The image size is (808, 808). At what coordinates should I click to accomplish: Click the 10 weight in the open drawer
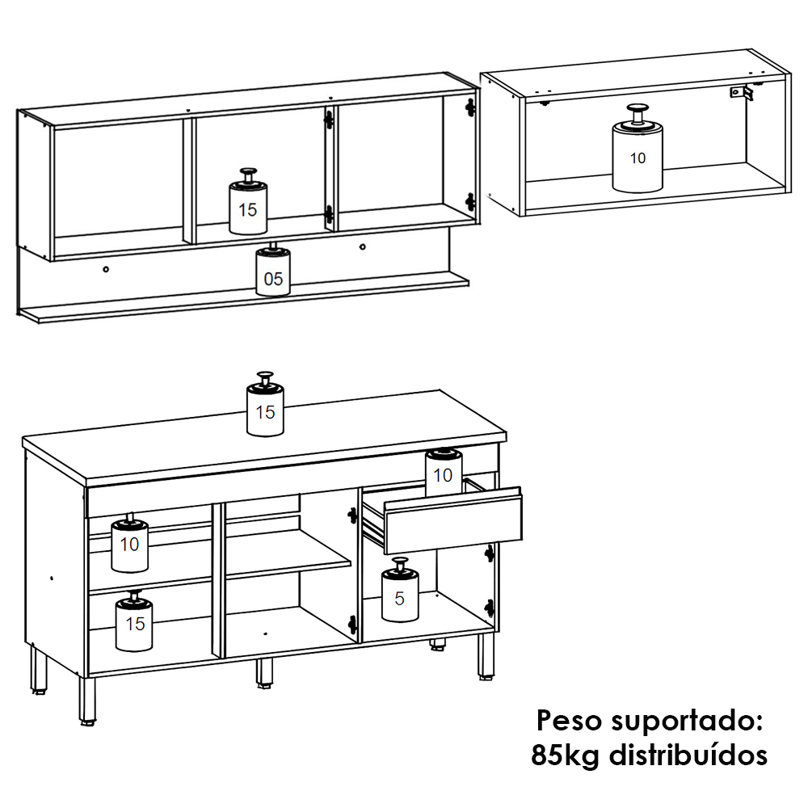[x=443, y=472]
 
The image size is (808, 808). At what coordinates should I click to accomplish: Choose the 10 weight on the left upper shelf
[x=130, y=543]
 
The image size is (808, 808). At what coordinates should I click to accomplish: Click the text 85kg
[x=566, y=755]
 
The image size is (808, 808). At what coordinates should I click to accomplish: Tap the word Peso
[x=569, y=720]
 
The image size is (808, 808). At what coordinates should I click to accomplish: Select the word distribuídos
[x=688, y=755]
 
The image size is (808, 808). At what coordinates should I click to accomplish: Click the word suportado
[x=687, y=721]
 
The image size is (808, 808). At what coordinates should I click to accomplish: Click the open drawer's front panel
[x=453, y=520]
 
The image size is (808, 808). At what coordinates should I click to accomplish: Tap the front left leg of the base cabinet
[x=87, y=701]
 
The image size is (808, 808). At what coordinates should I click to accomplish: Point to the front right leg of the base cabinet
[x=486, y=656]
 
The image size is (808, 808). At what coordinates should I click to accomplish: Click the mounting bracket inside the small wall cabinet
[x=742, y=93]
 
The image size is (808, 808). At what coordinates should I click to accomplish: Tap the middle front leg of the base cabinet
[x=264, y=673]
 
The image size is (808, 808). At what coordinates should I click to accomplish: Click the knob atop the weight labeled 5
[x=400, y=564]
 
